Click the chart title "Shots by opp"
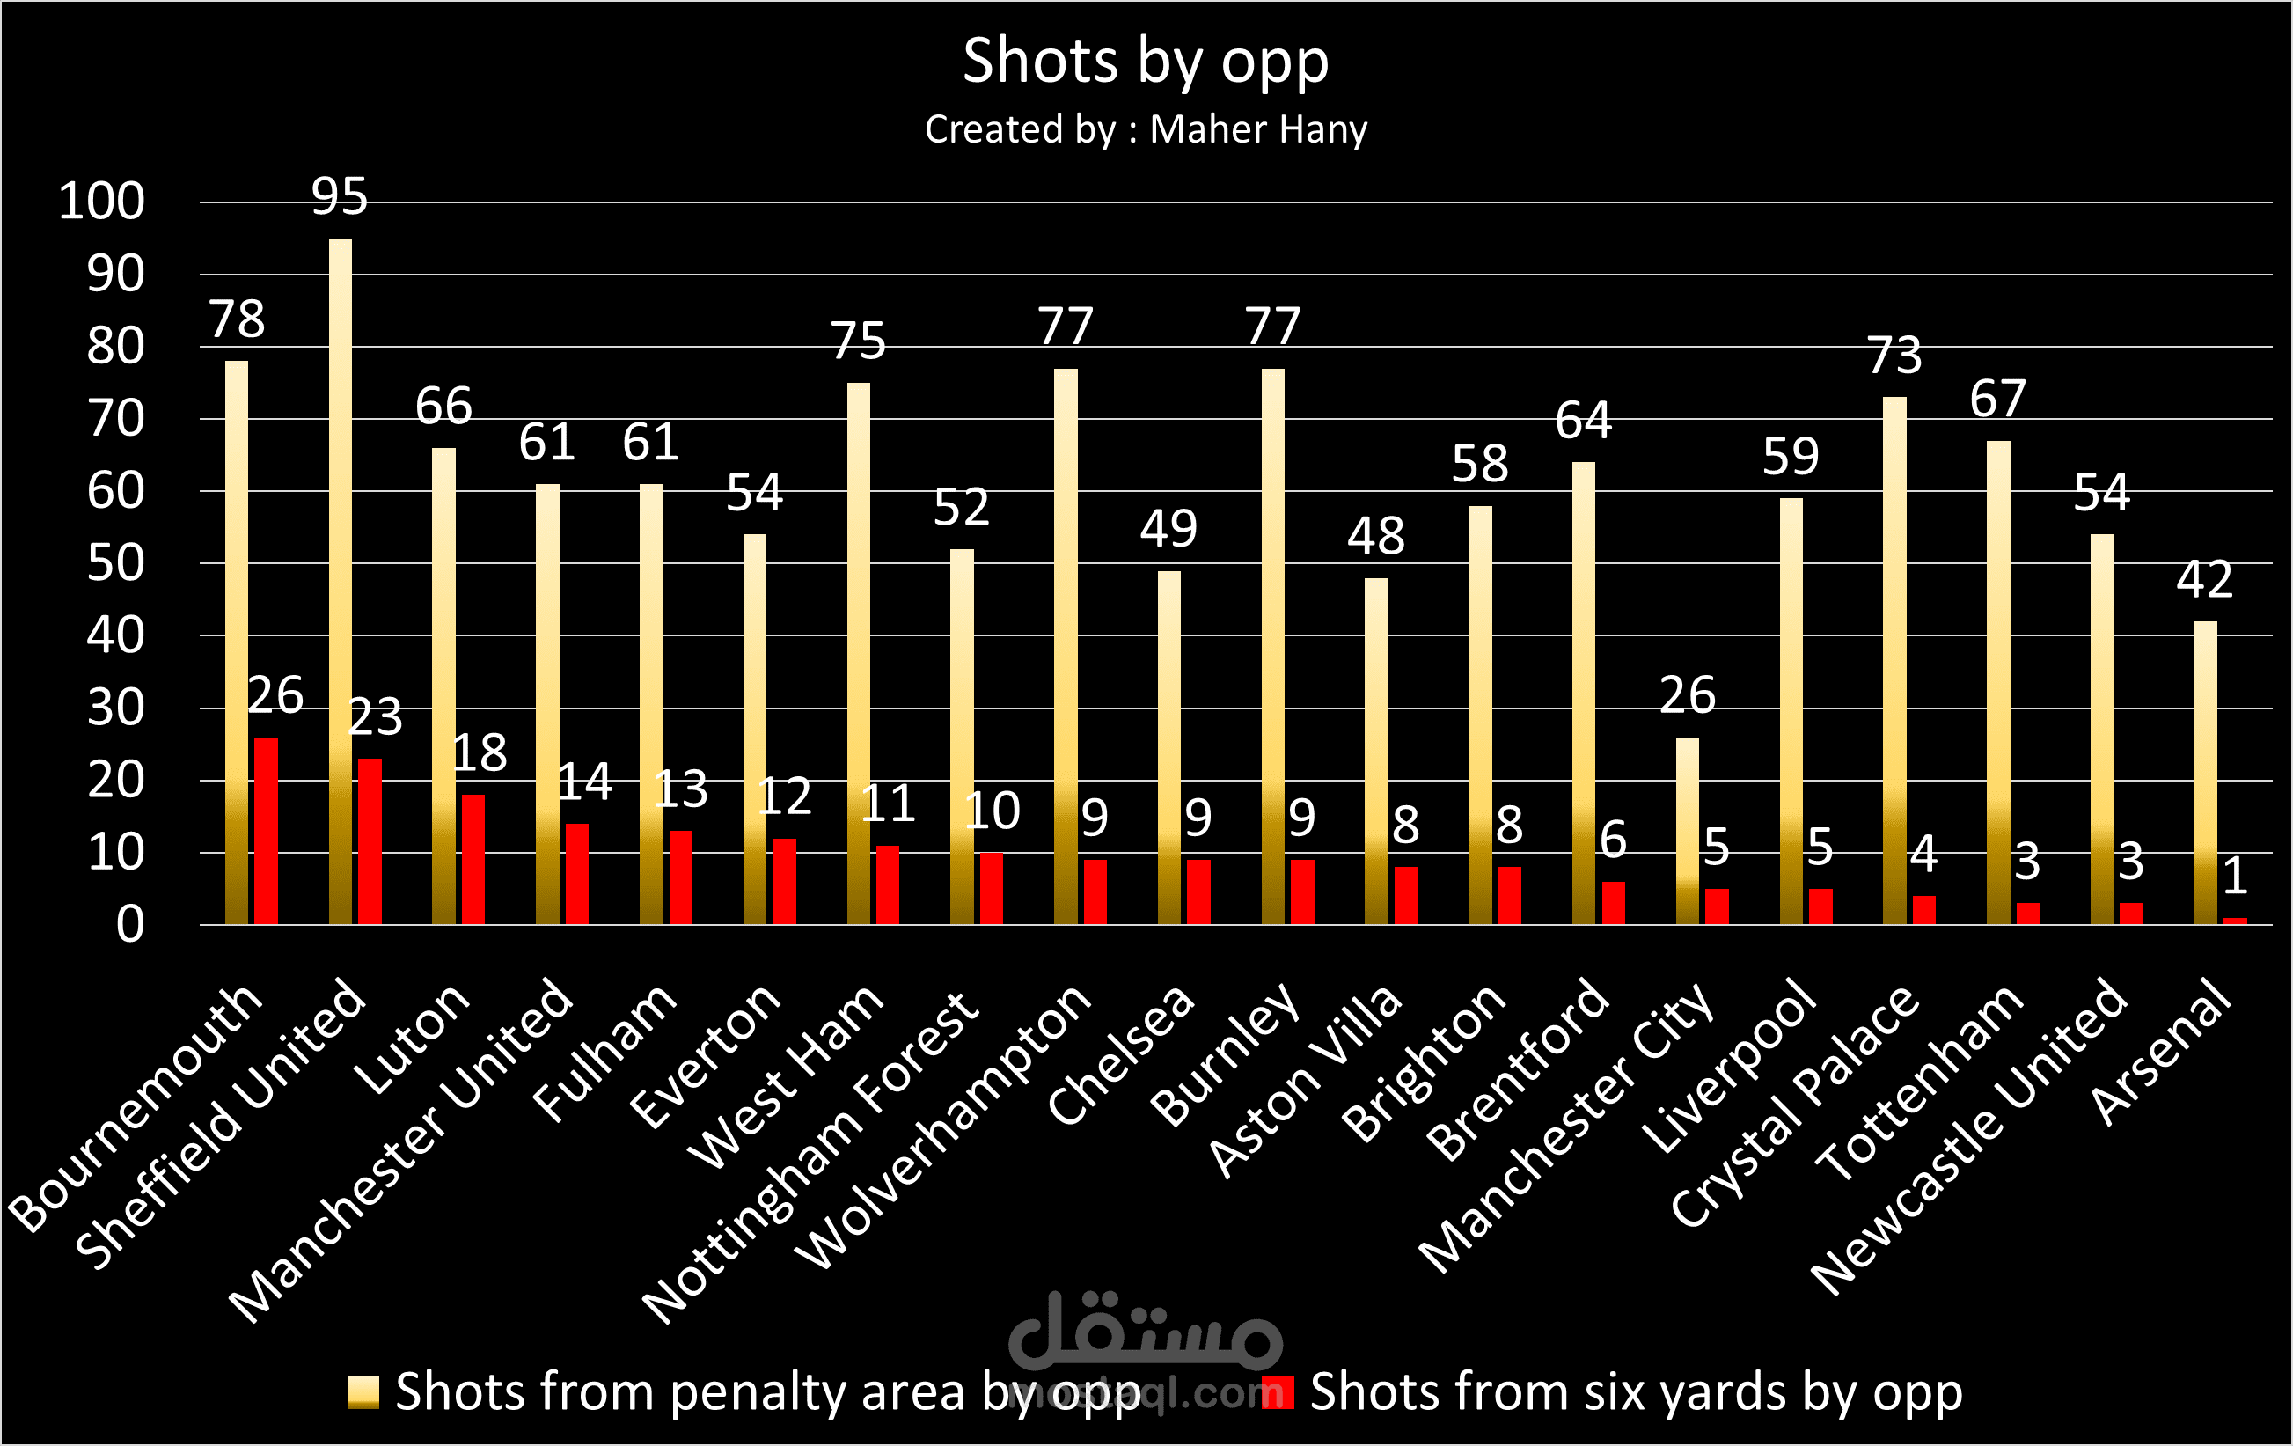click(1146, 62)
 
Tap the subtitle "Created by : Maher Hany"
click(1146, 129)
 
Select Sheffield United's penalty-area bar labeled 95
click(340, 581)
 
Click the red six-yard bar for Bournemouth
click(266, 831)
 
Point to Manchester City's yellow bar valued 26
click(1687, 831)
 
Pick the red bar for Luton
click(473, 859)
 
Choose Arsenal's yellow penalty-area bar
click(2205, 773)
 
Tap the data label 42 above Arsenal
click(2204, 579)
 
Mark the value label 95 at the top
click(339, 196)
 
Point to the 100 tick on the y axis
click(102, 202)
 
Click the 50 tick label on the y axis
click(115, 564)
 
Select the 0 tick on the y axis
click(130, 925)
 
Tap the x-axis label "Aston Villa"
click(1305, 1081)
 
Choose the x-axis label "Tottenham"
click(1918, 1081)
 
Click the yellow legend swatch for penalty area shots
click(363, 1391)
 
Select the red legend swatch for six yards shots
click(1278, 1391)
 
